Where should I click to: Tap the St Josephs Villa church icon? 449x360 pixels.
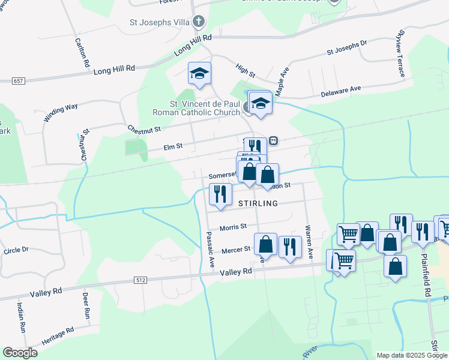(199, 23)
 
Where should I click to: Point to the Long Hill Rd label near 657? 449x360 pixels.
(114, 70)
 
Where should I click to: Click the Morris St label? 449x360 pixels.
(233, 227)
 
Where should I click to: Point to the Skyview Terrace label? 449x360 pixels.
(401, 54)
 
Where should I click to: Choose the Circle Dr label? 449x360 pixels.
(16, 250)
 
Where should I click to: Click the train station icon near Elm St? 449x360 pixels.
(273, 140)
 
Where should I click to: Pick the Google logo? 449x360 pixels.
(20, 353)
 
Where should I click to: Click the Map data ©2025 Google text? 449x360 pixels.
(411, 355)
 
